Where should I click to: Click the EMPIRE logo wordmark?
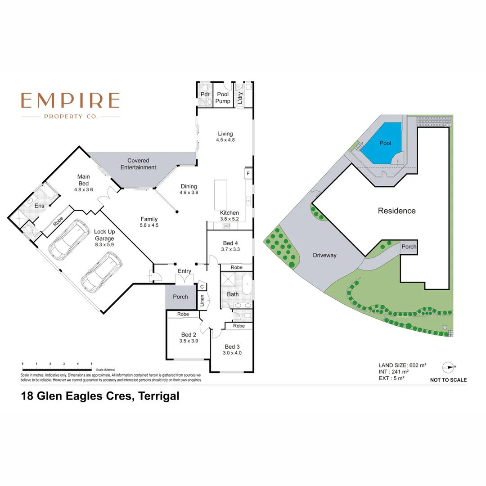71,100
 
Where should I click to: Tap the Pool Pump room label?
223,98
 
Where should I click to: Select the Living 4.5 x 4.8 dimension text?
225,140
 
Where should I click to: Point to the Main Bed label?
83,180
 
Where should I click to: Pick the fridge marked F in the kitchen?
247,173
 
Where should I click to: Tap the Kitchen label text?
229,213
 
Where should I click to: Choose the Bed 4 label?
229,243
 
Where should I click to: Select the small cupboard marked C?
202,287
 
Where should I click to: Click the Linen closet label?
202,300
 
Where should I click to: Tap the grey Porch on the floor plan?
180,297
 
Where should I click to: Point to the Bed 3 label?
232,346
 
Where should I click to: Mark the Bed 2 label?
189,335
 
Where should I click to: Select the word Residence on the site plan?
396,211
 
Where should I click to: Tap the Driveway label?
324,255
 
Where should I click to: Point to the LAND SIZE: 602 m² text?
402,365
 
